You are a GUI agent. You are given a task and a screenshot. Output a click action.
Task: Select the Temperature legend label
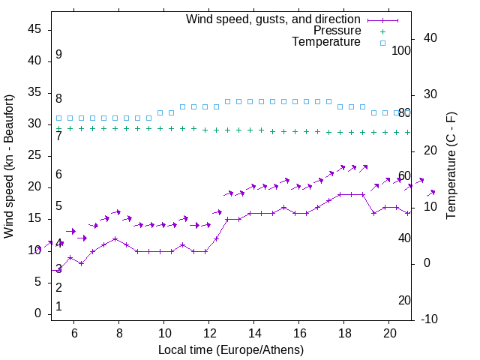coord(326,43)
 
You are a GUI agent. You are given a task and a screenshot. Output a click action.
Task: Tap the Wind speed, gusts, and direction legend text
coord(274,19)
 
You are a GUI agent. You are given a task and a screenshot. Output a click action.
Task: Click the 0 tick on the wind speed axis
coord(39,313)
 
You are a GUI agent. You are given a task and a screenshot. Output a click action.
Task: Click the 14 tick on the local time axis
coord(254,333)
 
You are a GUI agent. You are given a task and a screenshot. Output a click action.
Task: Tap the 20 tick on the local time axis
coord(389,333)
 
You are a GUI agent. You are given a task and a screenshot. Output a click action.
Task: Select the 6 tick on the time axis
coord(74,333)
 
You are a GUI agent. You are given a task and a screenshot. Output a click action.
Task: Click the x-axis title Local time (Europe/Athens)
coord(231,349)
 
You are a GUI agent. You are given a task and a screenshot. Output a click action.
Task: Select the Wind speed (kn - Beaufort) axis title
coord(10,166)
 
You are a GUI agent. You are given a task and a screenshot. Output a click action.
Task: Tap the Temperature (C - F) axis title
coord(451,166)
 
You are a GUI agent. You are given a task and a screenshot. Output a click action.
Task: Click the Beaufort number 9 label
coord(58,55)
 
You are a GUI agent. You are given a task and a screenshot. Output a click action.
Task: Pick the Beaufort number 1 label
coord(58,306)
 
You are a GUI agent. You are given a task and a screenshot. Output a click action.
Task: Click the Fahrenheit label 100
coord(402,50)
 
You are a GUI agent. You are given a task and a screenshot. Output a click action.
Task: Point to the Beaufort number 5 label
coord(58,206)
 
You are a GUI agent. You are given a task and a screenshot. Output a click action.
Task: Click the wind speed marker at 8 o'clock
coord(115,238)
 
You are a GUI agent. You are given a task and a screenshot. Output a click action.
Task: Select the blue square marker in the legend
coord(382,43)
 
